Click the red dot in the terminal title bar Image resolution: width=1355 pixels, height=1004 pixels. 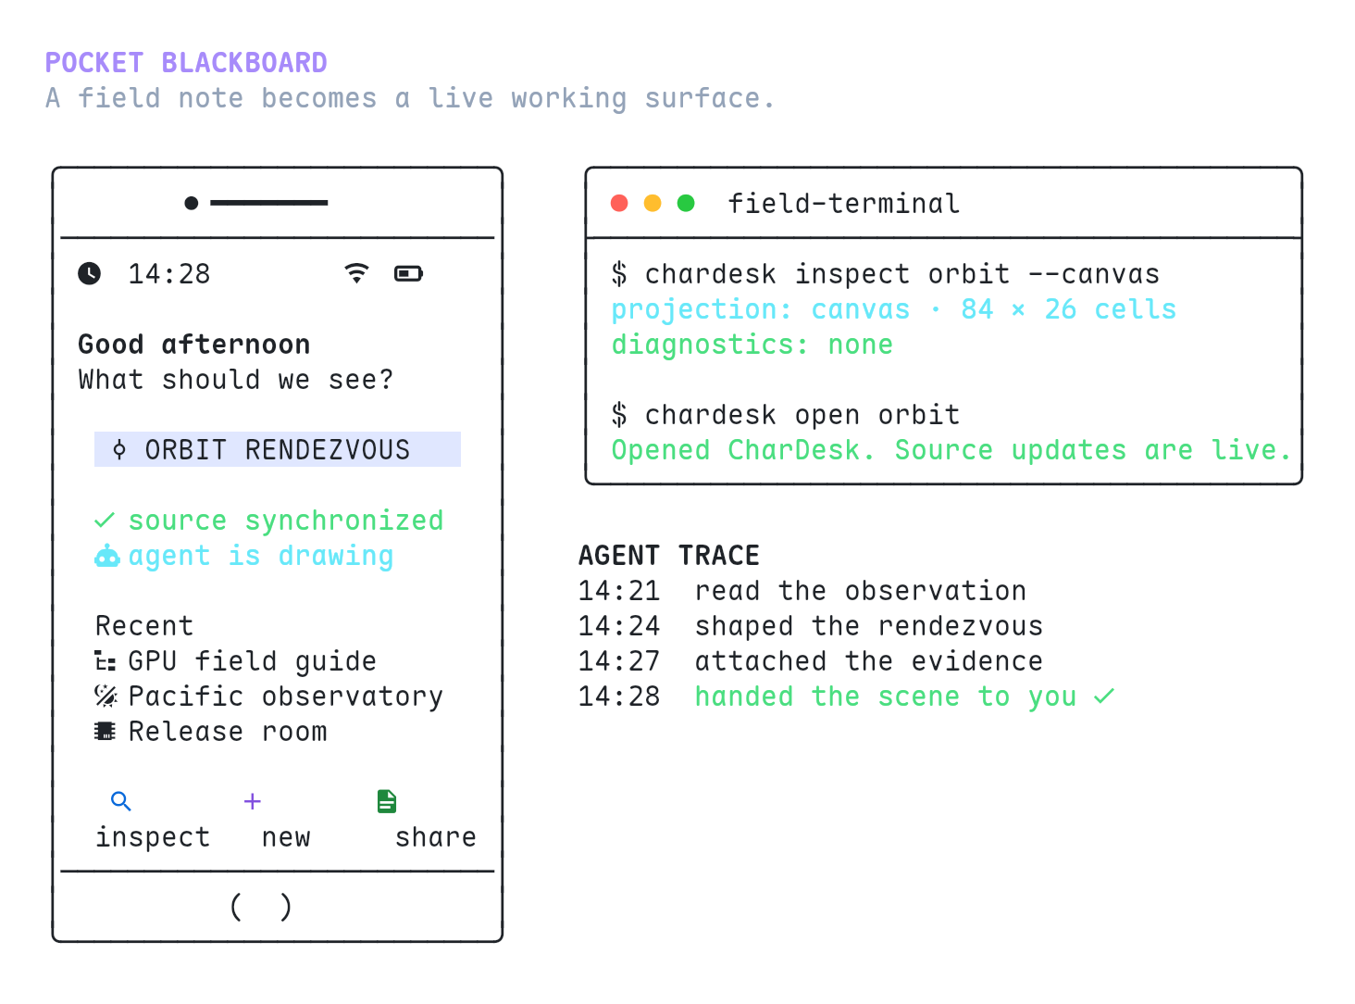[x=619, y=203]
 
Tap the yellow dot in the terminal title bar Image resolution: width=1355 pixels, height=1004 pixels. [x=653, y=203]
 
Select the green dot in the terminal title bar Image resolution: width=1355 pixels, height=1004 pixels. [x=686, y=203]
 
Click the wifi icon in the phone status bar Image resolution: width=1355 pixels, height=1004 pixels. [x=356, y=272]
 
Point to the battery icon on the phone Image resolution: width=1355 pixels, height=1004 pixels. [x=408, y=273]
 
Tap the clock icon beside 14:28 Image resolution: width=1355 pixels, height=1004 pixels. [x=89, y=273]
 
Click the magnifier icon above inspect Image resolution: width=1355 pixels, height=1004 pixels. [x=121, y=801]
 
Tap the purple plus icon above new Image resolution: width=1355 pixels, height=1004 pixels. [x=253, y=801]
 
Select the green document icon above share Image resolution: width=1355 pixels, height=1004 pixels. [x=387, y=801]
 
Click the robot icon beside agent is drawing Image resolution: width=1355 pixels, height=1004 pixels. [x=107, y=556]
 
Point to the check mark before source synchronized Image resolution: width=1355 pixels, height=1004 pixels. [x=105, y=521]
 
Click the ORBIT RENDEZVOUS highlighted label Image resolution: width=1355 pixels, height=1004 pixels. [x=278, y=449]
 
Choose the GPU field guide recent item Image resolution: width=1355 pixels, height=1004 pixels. [x=235, y=661]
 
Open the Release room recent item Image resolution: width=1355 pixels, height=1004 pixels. [x=211, y=732]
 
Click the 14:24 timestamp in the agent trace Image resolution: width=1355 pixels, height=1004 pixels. [x=619, y=626]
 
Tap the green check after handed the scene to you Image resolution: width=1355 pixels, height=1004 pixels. [x=1104, y=697]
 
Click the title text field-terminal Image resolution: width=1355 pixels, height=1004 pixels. [x=844, y=204]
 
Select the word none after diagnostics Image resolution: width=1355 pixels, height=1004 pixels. [x=860, y=345]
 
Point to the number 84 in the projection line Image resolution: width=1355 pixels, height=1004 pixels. [x=976, y=309]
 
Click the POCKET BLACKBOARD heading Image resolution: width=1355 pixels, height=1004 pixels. [x=186, y=63]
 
